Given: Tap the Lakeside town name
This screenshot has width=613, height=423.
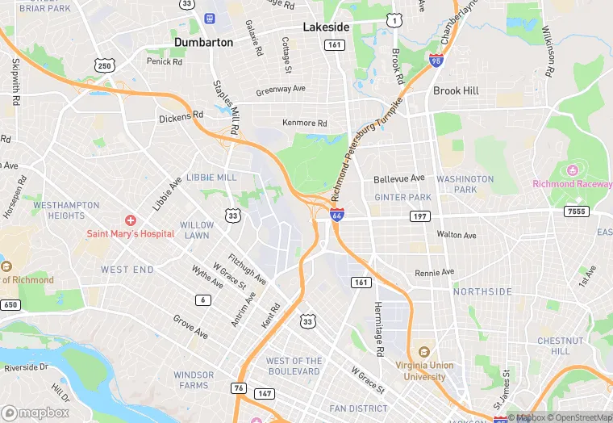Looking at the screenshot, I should click(x=326, y=27).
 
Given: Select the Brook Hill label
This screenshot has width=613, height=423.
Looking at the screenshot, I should click(x=456, y=90).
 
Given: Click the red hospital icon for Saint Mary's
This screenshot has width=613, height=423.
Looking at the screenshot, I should click(x=130, y=220).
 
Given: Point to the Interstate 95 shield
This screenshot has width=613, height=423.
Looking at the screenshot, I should click(x=436, y=60).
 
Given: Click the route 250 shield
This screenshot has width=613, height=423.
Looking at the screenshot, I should click(x=104, y=65).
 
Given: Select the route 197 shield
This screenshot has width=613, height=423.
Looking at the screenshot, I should click(x=420, y=216).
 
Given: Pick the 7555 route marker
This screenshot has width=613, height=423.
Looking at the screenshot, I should click(x=576, y=211).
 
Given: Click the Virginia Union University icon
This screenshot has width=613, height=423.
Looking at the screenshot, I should click(x=425, y=351).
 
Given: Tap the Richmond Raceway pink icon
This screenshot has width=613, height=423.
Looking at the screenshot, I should click(x=573, y=170).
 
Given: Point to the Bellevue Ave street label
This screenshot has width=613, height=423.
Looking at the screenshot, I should click(x=398, y=178).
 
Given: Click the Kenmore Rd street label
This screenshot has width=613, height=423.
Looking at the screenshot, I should click(x=304, y=124).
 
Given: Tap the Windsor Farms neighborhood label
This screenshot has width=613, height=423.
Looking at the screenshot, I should click(x=194, y=380).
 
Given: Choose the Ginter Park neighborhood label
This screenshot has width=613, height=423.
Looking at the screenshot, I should click(x=403, y=198).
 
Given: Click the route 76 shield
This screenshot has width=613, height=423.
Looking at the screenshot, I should click(x=240, y=389).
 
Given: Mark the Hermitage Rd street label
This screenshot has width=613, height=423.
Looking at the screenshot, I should click(x=377, y=329).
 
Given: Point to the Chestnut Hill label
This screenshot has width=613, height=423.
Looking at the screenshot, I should click(x=554, y=346).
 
